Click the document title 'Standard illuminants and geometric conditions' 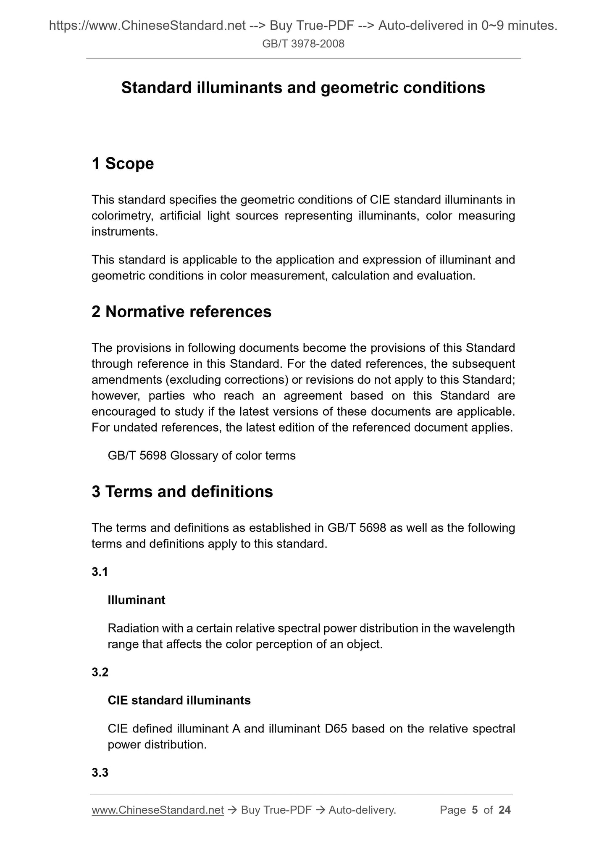click(x=303, y=88)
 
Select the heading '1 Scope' click(x=123, y=163)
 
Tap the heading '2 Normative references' click(x=181, y=312)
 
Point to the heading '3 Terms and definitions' click(x=182, y=492)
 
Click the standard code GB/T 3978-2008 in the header click(x=303, y=44)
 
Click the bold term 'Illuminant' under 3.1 click(x=137, y=600)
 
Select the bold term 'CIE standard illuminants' click(x=179, y=701)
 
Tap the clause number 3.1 click(x=100, y=572)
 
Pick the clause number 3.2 click(x=100, y=672)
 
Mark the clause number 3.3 click(x=100, y=773)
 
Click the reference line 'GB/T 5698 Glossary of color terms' click(x=202, y=456)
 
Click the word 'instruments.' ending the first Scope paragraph click(x=125, y=232)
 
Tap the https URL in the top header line click(x=147, y=26)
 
